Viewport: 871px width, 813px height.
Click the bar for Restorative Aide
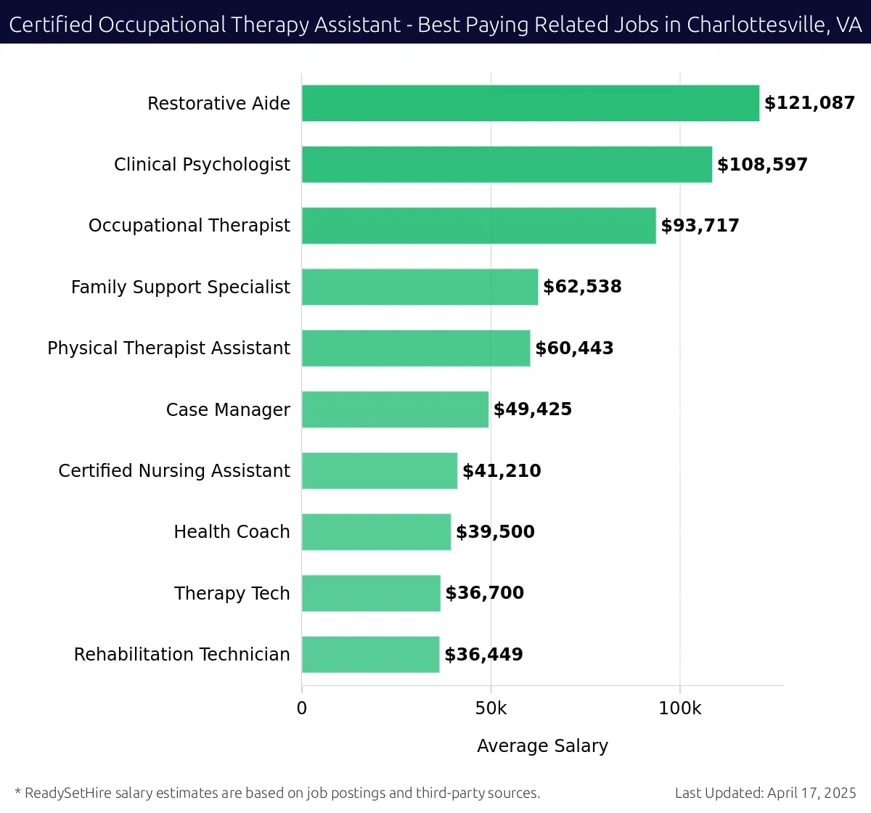(530, 103)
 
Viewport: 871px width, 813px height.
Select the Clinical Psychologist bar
(507, 164)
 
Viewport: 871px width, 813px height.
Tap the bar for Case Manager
(395, 409)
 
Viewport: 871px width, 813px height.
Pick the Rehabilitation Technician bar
(370, 654)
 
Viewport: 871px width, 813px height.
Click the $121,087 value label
(809, 103)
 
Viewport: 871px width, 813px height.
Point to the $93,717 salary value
(700, 226)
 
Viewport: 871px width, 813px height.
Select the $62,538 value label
(582, 287)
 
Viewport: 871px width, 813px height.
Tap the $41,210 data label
(502, 470)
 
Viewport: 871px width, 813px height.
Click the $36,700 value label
(484, 593)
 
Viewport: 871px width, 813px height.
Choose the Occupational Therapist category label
(189, 226)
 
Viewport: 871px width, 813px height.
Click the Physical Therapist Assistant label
(168, 348)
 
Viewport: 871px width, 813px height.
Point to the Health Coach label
(232, 532)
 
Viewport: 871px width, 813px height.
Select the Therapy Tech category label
(232, 593)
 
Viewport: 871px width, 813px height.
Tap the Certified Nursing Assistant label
(174, 470)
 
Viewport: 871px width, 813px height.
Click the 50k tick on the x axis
(491, 708)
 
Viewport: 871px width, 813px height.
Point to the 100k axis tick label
(679, 708)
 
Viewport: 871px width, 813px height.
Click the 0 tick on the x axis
(302, 708)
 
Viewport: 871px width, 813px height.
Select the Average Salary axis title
(542, 745)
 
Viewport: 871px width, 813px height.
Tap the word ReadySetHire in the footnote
(68, 793)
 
